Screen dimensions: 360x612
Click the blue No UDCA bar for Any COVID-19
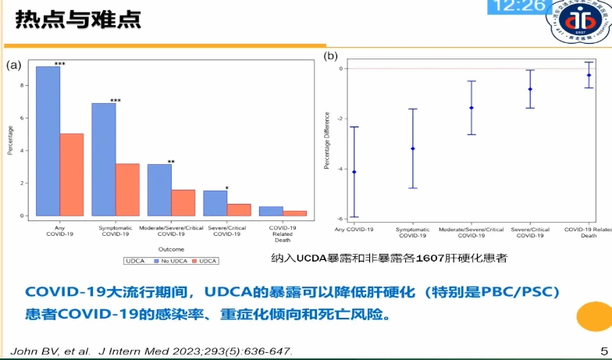48,141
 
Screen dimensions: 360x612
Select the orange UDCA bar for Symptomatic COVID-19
127,190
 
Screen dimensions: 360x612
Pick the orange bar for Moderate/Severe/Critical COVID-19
183,202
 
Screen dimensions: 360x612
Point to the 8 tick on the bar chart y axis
27,84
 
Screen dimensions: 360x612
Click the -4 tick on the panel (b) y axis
340,169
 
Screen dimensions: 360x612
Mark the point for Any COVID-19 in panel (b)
354,172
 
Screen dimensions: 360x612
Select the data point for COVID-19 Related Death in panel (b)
589,75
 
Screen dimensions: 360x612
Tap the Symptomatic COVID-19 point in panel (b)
413,148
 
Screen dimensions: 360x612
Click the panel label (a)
13,65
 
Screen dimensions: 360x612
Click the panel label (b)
331,56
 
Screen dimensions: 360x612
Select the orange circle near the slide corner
596,316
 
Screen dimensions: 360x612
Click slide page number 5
603,351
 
